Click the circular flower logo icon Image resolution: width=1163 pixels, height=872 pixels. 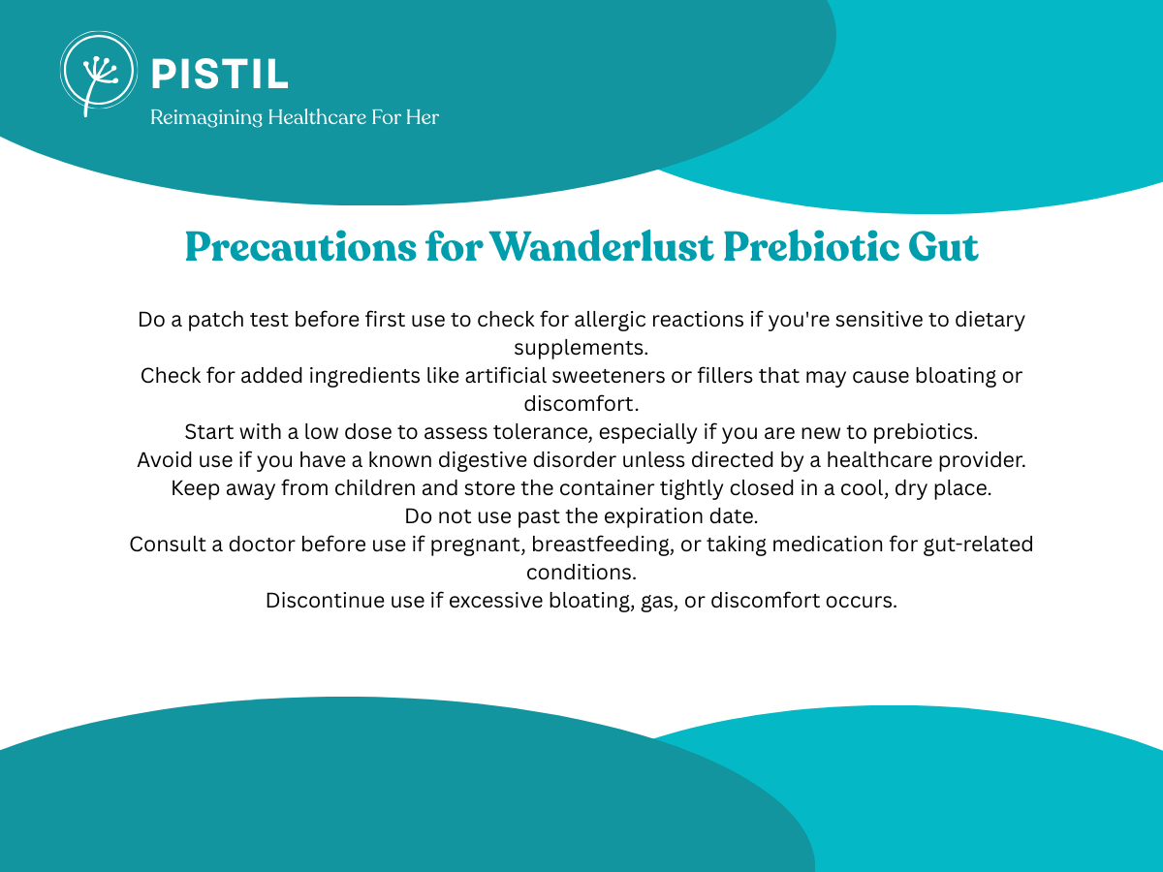click(99, 71)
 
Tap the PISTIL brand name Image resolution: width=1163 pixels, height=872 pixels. click(220, 75)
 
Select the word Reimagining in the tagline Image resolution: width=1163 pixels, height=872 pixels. click(206, 117)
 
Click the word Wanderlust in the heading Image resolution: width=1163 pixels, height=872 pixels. click(601, 247)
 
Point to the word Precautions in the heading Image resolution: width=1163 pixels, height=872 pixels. click(300, 247)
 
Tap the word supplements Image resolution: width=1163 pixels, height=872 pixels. click(581, 349)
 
